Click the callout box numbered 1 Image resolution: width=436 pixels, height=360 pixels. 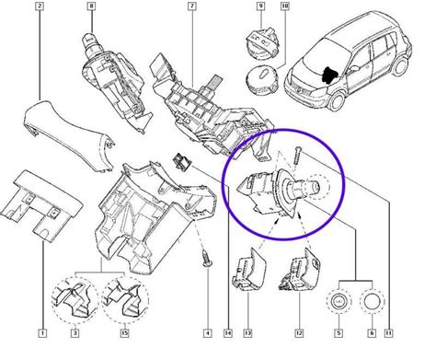point(42,331)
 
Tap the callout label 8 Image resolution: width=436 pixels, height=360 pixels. point(91,7)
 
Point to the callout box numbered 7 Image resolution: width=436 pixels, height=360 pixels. point(189,7)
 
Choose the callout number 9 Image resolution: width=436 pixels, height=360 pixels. point(260,7)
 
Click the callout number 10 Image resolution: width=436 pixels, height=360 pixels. point(284,7)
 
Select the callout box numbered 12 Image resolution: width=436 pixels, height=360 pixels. point(298,331)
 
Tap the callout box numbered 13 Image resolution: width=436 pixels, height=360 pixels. point(247,331)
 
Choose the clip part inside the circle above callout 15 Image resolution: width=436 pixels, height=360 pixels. point(121,300)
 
